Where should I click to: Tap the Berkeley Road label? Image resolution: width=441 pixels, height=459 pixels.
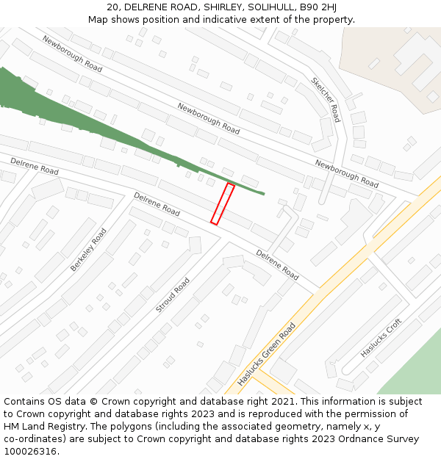click(88, 250)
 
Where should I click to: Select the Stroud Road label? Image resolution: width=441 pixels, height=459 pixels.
click(173, 295)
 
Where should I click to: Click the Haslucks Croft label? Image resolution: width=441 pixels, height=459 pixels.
click(381, 338)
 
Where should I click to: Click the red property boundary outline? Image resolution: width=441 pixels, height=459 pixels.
click(223, 203)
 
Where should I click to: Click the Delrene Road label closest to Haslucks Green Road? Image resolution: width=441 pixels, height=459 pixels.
click(278, 265)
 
